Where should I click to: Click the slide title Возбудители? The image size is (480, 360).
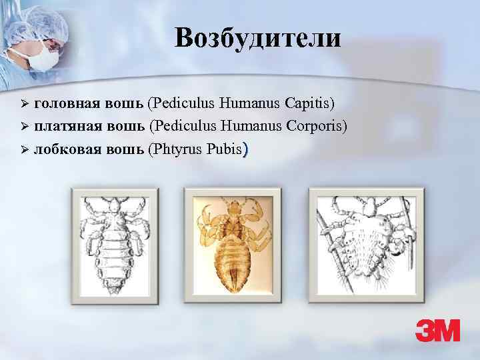point(258,38)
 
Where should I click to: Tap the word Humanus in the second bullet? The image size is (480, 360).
point(243,126)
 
